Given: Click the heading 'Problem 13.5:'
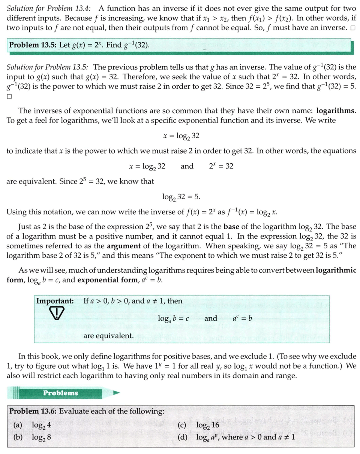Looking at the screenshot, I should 33,45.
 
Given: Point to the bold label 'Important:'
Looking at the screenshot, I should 55,301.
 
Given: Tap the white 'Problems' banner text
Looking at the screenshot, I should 60,393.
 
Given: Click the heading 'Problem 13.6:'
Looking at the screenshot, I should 33,412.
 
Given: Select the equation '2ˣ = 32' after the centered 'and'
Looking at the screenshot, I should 221,166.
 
